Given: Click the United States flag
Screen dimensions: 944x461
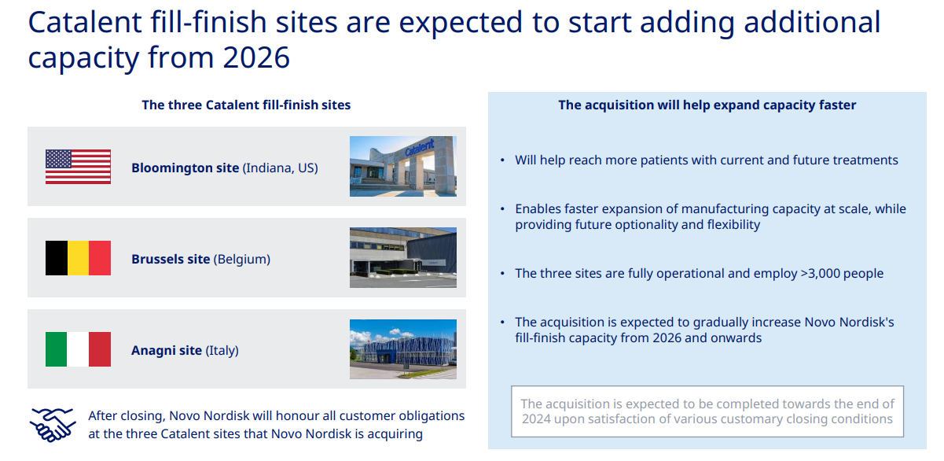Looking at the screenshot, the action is coord(78,167).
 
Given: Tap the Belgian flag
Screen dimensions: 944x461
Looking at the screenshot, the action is coord(78,258).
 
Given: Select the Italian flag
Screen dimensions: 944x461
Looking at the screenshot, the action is coord(78,349).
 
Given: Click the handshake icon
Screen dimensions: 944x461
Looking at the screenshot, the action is coord(53,425).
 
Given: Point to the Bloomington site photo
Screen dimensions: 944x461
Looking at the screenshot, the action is coord(403,166).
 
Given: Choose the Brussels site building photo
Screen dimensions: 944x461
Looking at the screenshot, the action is coord(403,258).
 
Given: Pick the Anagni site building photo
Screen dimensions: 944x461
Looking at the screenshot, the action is coord(403,349).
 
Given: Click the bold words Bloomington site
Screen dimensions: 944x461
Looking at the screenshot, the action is coord(185,168).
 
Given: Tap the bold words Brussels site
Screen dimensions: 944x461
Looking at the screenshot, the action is coord(171,259).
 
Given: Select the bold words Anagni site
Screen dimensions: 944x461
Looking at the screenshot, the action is coord(167,351).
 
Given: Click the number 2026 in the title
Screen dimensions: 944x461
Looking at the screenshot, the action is coord(256,57).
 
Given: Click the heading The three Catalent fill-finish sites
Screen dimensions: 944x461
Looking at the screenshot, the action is coord(246,105).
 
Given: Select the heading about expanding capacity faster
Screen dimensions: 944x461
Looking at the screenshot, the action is coord(707,105).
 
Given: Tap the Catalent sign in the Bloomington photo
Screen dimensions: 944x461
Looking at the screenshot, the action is coord(419,148).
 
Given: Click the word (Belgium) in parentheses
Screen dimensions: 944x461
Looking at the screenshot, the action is coord(242,259).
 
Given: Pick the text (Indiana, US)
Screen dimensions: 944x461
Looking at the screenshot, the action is coord(281,168).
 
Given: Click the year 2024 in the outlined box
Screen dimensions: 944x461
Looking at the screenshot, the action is coord(537,419).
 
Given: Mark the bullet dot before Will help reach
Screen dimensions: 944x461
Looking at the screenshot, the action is coord(502,160).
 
